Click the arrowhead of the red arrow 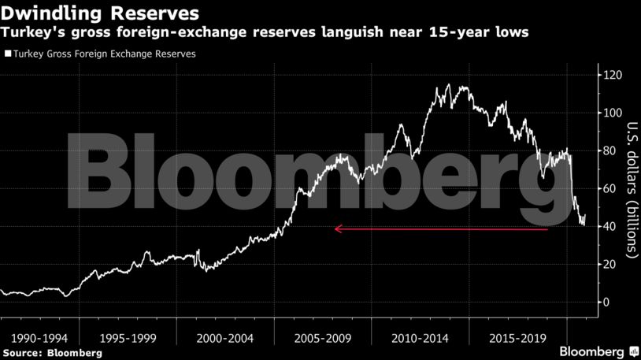point(338,229)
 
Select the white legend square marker point(7,54)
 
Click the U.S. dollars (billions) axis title point(632,189)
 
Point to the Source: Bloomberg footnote point(52,353)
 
